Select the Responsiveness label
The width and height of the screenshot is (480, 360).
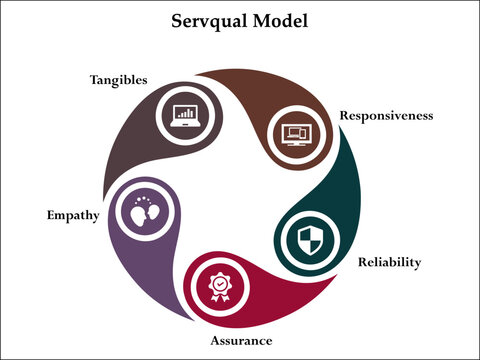386,115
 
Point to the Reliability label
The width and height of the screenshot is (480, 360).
389,263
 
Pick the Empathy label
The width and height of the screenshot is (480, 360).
72,215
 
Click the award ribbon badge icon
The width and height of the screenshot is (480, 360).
218,289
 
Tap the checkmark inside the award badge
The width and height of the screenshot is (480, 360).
218,285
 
